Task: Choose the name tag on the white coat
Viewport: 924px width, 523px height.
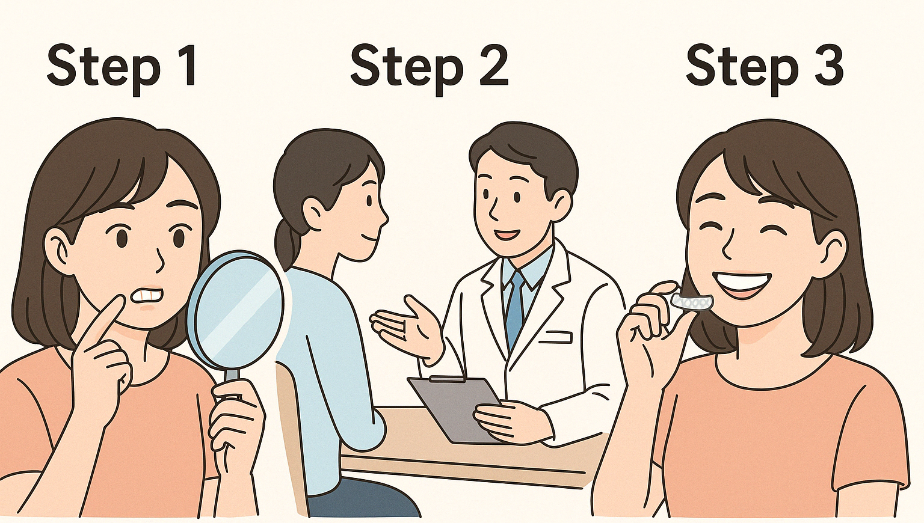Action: click(x=555, y=337)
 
